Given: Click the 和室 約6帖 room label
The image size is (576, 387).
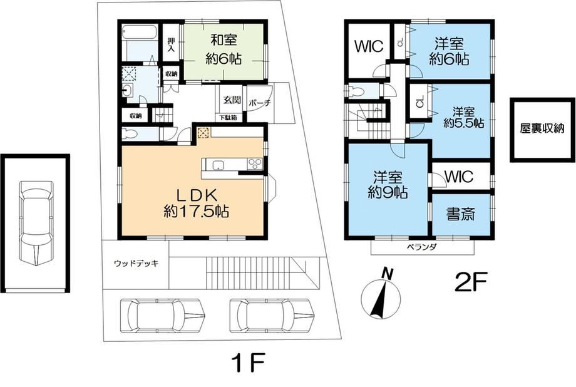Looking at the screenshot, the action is [224, 49].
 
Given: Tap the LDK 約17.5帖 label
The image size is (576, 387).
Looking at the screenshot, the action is [196, 204].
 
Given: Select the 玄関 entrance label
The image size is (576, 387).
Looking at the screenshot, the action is [232, 99].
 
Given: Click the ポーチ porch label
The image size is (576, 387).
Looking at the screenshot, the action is [259, 103].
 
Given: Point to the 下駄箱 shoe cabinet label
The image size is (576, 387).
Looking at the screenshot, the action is [228, 118].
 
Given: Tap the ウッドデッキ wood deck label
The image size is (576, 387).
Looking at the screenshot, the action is [136, 263].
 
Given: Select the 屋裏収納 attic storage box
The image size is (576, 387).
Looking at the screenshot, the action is [542, 130].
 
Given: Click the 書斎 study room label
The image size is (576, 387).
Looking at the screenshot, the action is [461, 214].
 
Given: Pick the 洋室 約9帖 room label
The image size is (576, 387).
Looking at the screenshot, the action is [388, 185].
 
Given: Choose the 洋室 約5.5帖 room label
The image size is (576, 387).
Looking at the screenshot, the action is [463, 117].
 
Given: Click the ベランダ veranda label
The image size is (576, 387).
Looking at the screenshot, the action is [421, 247].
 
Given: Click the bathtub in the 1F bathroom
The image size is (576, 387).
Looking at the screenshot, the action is [139, 32].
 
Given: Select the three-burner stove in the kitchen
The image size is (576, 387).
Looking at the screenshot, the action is [255, 164].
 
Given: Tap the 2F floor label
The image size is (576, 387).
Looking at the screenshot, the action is [471, 282].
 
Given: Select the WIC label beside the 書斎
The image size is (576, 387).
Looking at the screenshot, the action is [459, 177].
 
